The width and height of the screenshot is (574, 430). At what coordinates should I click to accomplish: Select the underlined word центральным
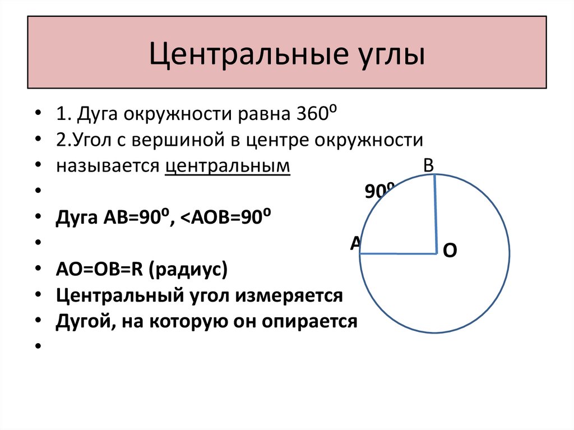pyautogui.click(x=228, y=167)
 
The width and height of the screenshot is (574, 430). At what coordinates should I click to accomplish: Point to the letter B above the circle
pyautogui.click(x=429, y=165)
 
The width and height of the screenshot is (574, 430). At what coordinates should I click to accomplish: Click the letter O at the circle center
pyautogui.click(x=450, y=251)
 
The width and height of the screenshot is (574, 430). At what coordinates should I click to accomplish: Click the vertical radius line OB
pyautogui.click(x=436, y=214)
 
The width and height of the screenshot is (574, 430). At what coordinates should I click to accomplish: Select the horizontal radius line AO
pyautogui.click(x=398, y=254)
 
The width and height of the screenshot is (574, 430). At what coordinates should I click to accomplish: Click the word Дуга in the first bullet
pyautogui.click(x=99, y=114)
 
